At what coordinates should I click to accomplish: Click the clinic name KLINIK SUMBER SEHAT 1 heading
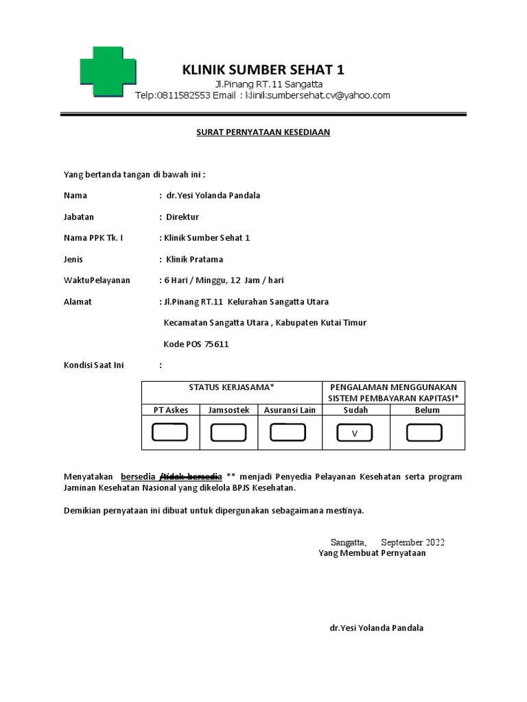[263, 70]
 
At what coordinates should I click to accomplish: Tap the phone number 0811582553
[183, 95]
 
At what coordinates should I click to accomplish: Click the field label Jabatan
[79, 217]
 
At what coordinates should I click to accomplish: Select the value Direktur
[183, 217]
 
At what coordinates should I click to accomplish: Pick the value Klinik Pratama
[194, 259]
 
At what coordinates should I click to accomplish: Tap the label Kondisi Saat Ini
[94, 365]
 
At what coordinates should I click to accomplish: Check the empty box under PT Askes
[170, 433]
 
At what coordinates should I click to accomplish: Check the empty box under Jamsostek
[229, 433]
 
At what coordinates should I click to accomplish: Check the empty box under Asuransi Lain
[288, 433]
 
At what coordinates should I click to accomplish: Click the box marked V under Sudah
[355, 433]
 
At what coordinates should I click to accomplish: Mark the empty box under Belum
[424, 433]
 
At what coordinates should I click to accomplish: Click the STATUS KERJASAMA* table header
[231, 387]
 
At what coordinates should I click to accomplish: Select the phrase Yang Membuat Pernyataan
[372, 553]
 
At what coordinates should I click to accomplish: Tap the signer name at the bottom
[377, 627]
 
